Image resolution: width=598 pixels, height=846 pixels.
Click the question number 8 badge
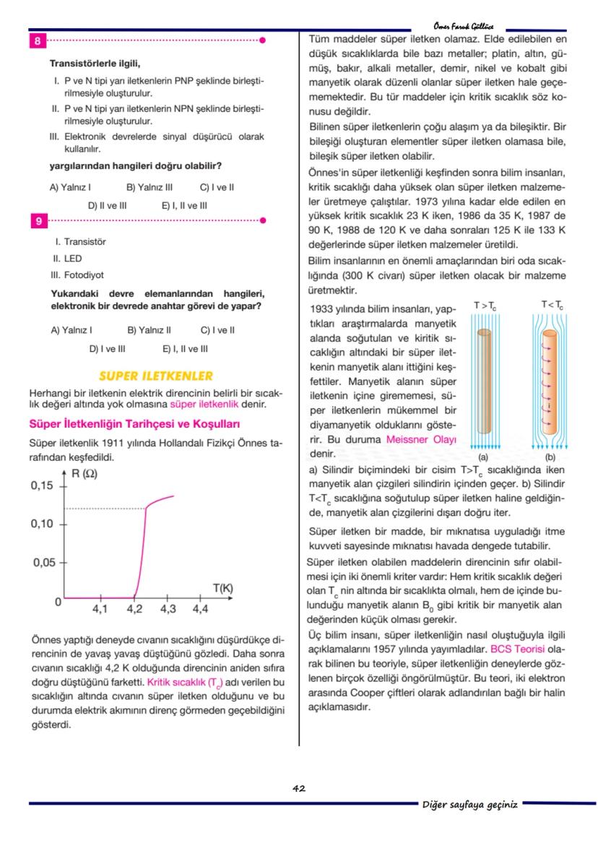[37, 41]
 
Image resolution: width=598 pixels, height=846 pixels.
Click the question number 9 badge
[37, 221]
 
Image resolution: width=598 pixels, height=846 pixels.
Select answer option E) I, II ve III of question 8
[184, 206]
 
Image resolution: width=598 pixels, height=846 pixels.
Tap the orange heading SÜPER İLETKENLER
[155, 376]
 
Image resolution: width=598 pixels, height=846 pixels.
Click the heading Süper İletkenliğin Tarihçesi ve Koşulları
[134, 423]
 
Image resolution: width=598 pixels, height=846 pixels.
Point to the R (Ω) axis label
[84, 474]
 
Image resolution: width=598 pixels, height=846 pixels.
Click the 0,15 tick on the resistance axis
[43, 485]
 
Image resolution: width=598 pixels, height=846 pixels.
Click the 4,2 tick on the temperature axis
[134, 609]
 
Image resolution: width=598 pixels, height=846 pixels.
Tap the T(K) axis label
[222, 588]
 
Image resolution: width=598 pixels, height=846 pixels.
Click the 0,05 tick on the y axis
[43, 562]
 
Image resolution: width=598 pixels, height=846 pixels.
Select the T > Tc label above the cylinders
[485, 306]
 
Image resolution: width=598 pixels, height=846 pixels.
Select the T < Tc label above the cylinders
[552, 306]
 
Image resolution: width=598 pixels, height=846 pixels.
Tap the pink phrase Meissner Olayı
[421, 439]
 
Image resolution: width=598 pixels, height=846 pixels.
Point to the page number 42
[299, 788]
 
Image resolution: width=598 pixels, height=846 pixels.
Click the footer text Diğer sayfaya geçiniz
[469, 804]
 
